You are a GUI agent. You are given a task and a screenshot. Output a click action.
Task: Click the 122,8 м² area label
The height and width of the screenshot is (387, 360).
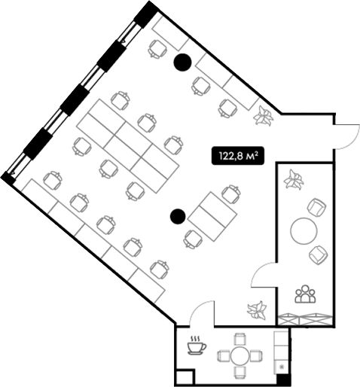pyautogui.click(x=238, y=156)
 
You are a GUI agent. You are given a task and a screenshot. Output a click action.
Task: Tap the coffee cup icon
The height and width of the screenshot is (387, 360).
pyautogui.click(x=197, y=346)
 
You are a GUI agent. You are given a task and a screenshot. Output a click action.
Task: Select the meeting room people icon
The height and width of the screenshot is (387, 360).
pyautogui.click(x=305, y=294)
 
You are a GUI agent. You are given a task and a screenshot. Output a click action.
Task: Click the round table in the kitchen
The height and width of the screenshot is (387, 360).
pyautogui.click(x=240, y=356)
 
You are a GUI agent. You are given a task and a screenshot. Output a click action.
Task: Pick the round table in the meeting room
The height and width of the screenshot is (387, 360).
pyautogui.click(x=304, y=230)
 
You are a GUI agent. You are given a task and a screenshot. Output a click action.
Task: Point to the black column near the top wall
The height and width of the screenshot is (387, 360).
pyautogui.click(x=182, y=62)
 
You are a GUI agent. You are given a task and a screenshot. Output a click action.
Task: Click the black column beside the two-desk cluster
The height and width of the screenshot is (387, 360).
pyautogui.click(x=178, y=216)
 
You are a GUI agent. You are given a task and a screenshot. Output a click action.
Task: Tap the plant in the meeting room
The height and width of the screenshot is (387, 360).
pyautogui.click(x=294, y=179)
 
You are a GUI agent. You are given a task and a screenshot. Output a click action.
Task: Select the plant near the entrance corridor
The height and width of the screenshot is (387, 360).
pyautogui.click(x=264, y=115)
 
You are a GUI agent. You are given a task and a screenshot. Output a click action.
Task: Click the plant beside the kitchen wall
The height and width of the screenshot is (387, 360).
pyautogui.click(x=257, y=310)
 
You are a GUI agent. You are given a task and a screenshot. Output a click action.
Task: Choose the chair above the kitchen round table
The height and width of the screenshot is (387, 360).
pyautogui.click(x=240, y=338)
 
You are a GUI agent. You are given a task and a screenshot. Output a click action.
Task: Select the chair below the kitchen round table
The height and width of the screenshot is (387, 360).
pyautogui.click(x=240, y=373)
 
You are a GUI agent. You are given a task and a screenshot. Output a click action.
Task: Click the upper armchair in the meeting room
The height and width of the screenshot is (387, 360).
pyautogui.click(x=317, y=206)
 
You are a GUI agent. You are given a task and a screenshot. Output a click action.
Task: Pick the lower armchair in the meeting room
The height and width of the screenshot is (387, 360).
pyautogui.click(x=319, y=255)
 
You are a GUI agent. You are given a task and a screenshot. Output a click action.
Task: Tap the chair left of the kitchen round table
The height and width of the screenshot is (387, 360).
pyautogui.click(x=223, y=356)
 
